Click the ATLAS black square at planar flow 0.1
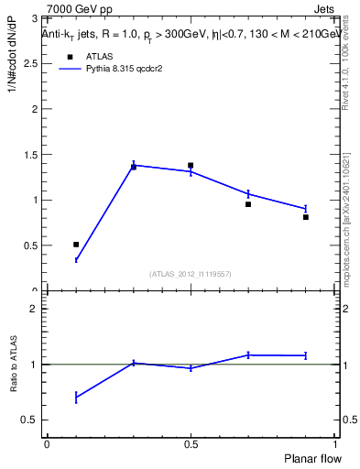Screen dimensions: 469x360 coord(76,245)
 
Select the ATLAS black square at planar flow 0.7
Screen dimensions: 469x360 coord(248,204)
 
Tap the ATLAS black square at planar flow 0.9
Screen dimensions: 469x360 coord(306,217)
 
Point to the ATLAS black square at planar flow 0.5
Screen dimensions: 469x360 coord(191,166)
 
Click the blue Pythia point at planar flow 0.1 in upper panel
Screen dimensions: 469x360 coord(76,260)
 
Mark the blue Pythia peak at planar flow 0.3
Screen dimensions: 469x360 coord(134,165)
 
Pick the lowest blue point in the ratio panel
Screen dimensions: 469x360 coord(76,397)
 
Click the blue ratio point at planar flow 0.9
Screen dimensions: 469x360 coord(306,355)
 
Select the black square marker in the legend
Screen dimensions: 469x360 coord(70,56)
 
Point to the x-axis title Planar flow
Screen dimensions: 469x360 coord(311,457)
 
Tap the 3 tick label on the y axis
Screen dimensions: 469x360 coord(33,18)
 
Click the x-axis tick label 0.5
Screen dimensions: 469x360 coord(191,443)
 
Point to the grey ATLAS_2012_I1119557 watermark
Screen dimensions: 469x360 coord(191,274)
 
